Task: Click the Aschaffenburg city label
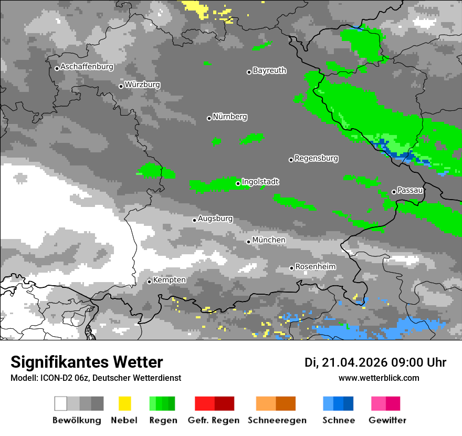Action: point(87,67)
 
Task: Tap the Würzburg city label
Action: point(142,85)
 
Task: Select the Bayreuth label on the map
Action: point(269,70)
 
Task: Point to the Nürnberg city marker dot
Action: point(209,118)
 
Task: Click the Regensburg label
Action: point(316,158)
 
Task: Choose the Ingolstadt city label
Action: point(260,182)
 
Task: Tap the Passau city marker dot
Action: point(394,192)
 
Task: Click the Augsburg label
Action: point(215,219)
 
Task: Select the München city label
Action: point(269,240)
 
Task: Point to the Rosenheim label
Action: point(315,267)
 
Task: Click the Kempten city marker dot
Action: point(149,282)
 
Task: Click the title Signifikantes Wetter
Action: point(87,362)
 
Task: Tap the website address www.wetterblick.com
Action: point(379,378)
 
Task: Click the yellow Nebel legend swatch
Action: point(124,403)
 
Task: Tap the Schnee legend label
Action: point(339,420)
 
